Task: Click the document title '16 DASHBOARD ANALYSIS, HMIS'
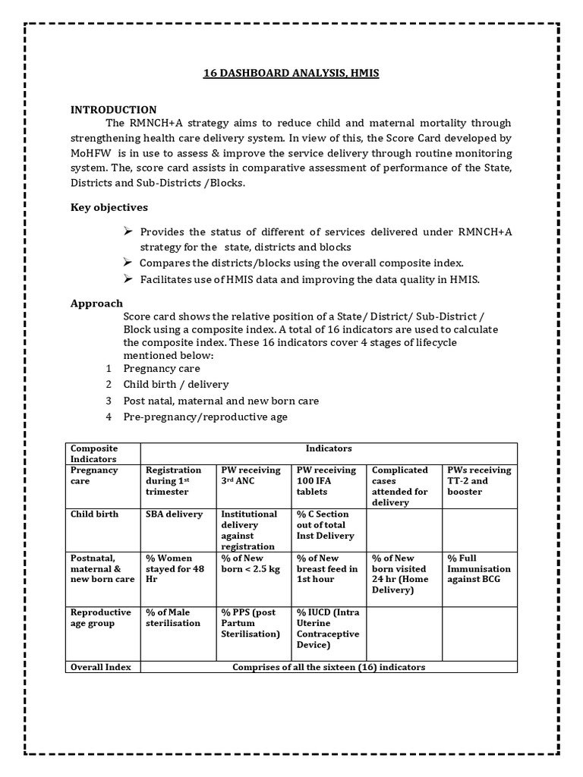(x=291, y=74)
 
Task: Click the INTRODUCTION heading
(x=114, y=110)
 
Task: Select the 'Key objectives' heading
(x=109, y=207)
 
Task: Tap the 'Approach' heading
(x=96, y=304)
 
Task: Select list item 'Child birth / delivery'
(x=176, y=385)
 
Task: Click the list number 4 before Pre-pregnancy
(x=109, y=417)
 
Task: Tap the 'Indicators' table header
(x=328, y=449)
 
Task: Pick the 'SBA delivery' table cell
(x=175, y=514)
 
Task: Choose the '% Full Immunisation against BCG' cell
(x=479, y=568)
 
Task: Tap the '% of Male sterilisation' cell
(x=174, y=618)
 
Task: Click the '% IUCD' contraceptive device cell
(x=328, y=628)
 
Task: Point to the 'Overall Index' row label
(x=101, y=667)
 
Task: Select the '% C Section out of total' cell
(x=326, y=525)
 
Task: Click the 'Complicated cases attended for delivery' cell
(x=400, y=486)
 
